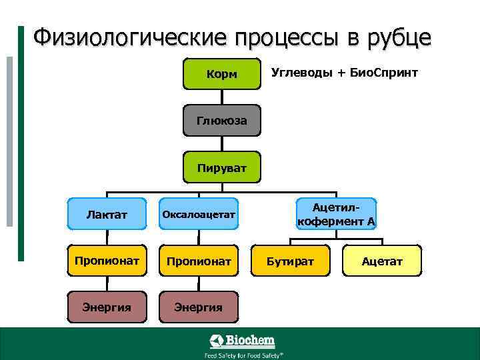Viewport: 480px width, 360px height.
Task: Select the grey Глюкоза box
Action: [x=221, y=121]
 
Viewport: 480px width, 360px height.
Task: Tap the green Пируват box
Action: [x=221, y=167]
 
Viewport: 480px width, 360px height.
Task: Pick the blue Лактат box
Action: [x=107, y=214]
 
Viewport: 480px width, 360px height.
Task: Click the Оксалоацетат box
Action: [x=198, y=214]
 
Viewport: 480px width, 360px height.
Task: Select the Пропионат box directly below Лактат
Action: [x=107, y=260]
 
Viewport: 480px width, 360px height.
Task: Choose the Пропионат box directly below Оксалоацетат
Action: [x=198, y=260]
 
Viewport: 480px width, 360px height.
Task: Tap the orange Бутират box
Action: [x=291, y=260]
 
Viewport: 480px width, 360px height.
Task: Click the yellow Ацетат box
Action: [x=382, y=260]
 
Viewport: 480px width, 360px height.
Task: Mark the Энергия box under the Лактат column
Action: [x=107, y=307]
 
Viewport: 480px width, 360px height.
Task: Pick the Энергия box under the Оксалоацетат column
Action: [x=198, y=307]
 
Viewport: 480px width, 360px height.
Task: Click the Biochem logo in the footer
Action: [x=242, y=341]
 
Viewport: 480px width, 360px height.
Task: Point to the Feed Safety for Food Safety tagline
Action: [x=242, y=355]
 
